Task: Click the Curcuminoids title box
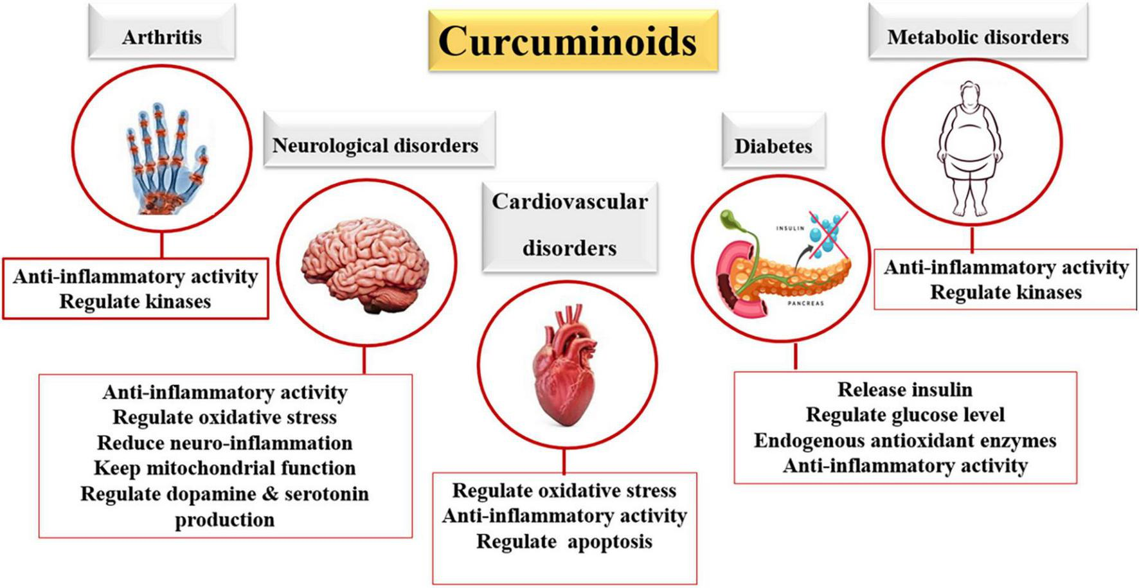pyautogui.click(x=573, y=40)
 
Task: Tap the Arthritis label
pyautogui.click(x=162, y=37)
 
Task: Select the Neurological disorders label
pyautogui.click(x=375, y=145)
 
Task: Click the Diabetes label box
pyautogui.click(x=773, y=146)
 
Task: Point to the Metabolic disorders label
pyautogui.click(x=978, y=37)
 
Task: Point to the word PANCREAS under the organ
pyautogui.click(x=805, y=303)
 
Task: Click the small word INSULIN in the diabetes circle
pyautogui.click(x=790, y=228)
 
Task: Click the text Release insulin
pyautogui.click(x=905, y=389)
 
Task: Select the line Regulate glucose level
pyautogui.click(x=905, y=415)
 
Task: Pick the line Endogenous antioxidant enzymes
pyautogui.click(x=905, y=441)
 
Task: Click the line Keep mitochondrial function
pyautogui.click(x=225, y=468)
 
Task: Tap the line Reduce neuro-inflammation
pyautogui.click(x=225, y=443)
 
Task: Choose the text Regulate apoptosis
pyautogui.click(x=564, y=542)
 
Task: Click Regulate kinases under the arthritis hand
pyautogui.click(x=135, y=301)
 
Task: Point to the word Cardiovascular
pyautogui.click(x=569, y=202)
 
